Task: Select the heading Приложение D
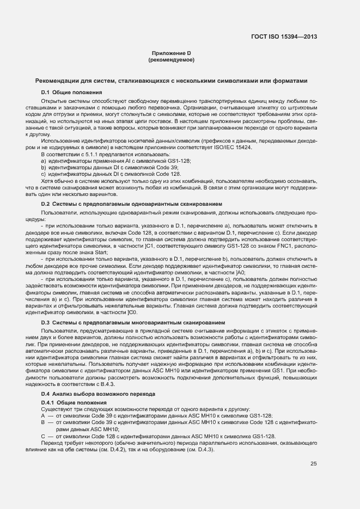(x=170, y=53)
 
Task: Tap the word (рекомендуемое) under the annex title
(x=171, y=59)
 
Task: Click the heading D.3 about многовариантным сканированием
(x=133, y=323)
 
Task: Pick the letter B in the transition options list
(x=43, y=422)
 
